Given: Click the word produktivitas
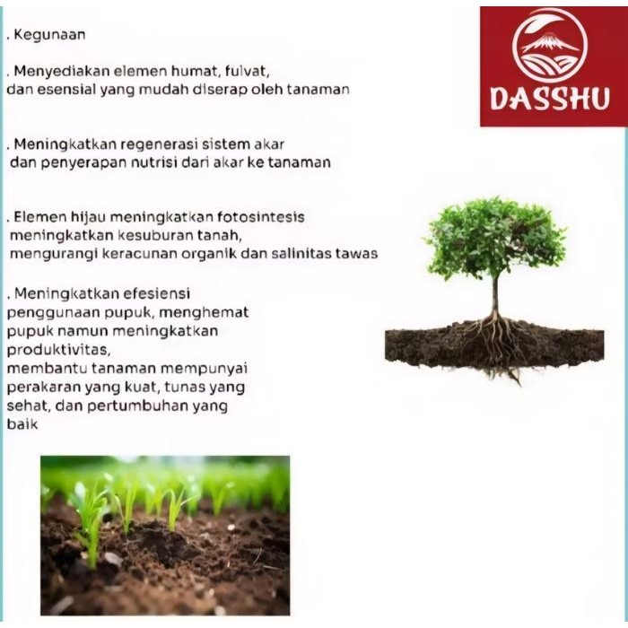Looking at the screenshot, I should [58, 349].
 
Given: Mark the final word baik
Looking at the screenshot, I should [22, 424].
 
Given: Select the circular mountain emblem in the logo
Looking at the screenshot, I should [550, 46].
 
